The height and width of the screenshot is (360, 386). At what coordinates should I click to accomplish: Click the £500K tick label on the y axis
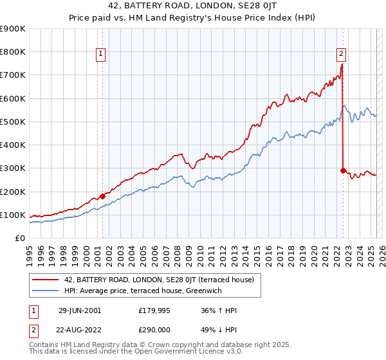pos(13,122)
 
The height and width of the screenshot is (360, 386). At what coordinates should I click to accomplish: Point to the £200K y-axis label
pos(13,192)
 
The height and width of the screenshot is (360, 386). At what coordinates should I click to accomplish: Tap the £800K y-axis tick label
pos(13,51)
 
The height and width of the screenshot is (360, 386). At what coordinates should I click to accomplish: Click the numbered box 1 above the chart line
pos(102,55)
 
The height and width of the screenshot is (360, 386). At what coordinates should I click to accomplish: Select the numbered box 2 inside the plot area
pos(341,55)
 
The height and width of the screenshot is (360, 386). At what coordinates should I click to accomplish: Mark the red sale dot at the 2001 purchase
pos(102,196)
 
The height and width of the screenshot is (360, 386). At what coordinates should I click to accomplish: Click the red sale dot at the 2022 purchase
pos(343,170)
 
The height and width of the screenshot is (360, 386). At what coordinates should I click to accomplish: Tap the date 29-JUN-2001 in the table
pos(80,310)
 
